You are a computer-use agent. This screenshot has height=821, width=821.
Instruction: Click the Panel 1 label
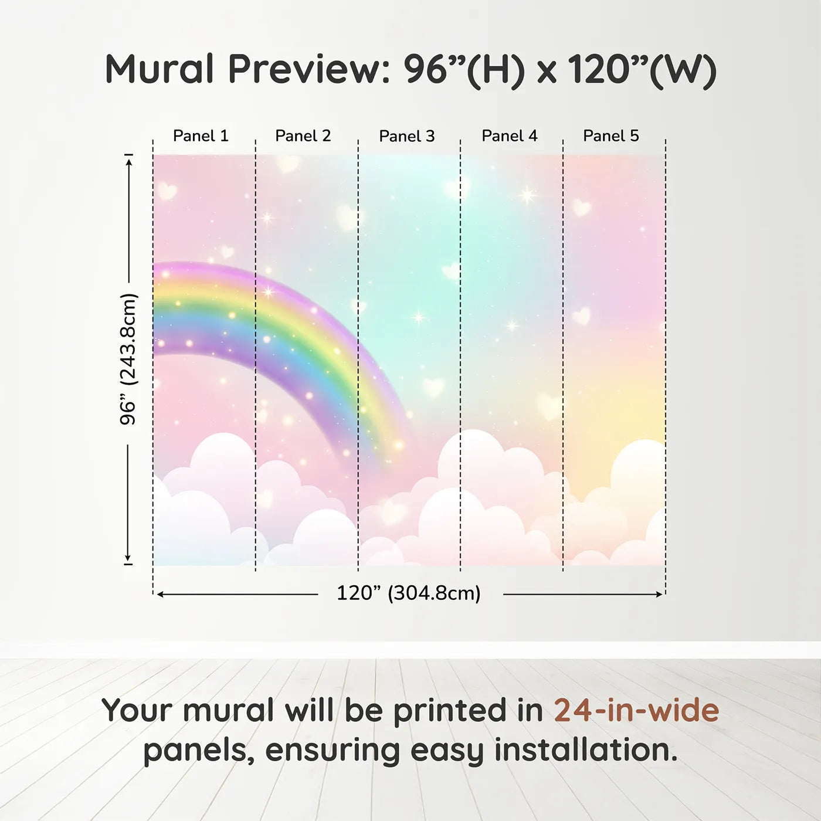tap(201, 136)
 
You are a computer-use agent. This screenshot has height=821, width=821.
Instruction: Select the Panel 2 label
tap(303, 136)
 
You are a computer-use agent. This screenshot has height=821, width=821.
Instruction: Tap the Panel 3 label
tap(407, 136)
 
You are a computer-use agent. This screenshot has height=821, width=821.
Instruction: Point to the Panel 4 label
tap(510, 136)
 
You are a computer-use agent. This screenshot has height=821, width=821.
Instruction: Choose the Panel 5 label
tap(611, 136)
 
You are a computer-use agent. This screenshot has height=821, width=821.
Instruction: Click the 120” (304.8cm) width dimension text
tap(409, 593)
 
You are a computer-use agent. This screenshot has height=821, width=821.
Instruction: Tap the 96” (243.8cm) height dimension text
tap(128, 359)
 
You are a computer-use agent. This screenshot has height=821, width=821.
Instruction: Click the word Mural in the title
tap(160, 69)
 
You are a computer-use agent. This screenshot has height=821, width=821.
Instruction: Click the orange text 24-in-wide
tap(636, 710)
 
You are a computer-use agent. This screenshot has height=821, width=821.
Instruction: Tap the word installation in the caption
tap(586, 749)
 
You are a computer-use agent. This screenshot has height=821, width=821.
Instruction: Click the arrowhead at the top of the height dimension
tap(129, 161)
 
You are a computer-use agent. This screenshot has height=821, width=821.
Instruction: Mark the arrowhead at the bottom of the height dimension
tap(127, 557)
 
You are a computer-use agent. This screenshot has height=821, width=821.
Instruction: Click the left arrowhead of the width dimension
tap(161, 594)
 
